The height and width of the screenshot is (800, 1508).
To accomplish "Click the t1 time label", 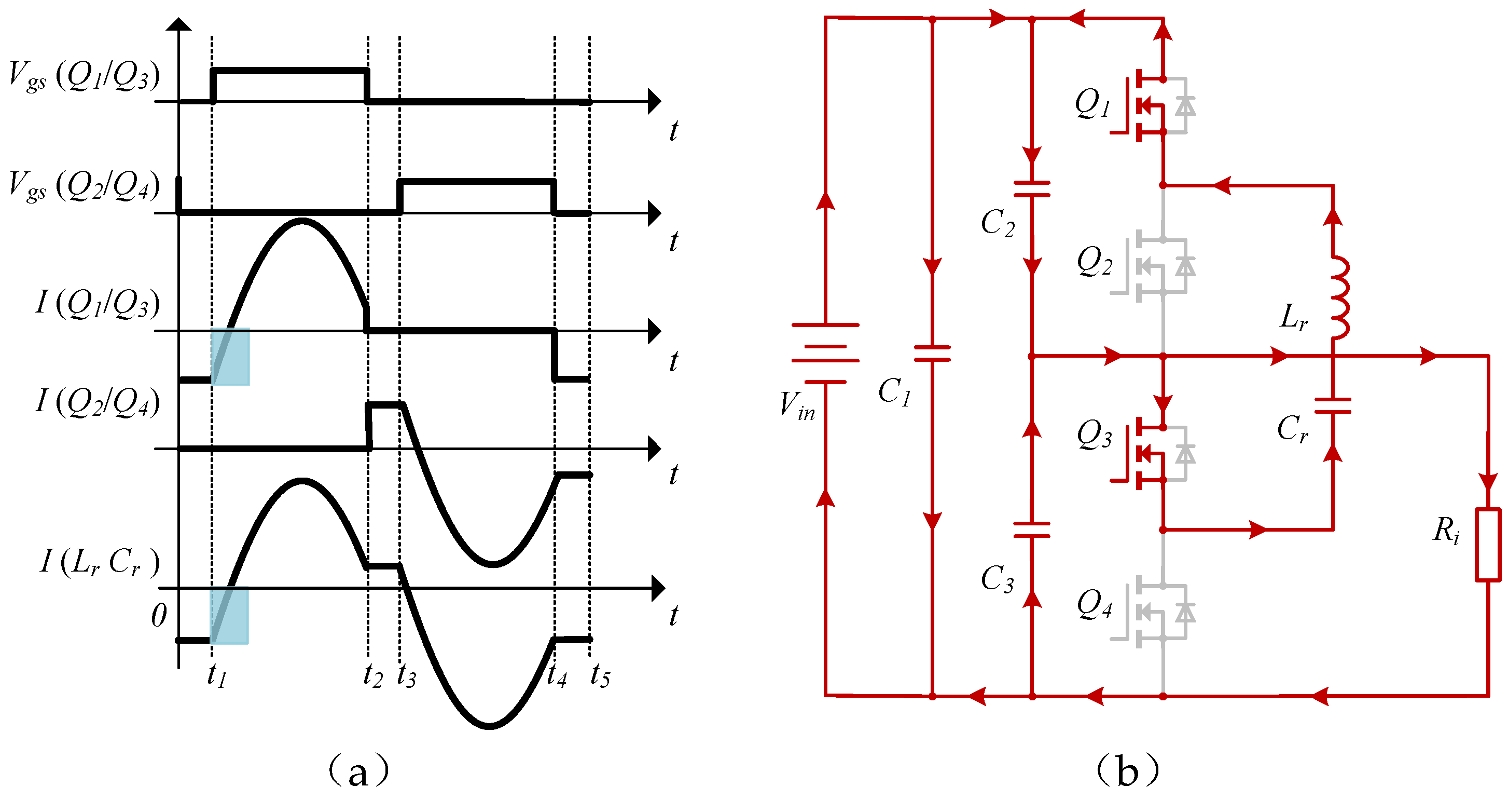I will (217, 675).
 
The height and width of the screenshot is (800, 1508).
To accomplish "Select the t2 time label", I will (372, 675).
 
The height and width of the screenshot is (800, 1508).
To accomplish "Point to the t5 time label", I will (600, 675).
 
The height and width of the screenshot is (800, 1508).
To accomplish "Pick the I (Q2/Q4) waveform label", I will (97, 403).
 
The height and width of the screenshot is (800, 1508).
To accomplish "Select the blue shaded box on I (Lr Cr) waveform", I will (229, 616).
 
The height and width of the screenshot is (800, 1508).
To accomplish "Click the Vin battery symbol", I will (825, 352).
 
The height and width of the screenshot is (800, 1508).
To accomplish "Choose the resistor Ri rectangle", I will (1488, 545).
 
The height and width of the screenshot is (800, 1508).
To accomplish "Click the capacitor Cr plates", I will (1333, 405).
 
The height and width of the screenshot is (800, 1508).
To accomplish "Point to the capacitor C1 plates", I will (932, 352).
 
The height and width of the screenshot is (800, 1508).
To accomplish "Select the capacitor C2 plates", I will (1031, 188).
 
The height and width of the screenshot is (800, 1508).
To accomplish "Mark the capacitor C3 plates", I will (1031, 530).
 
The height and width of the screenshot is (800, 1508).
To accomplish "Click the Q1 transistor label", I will (1092, 104).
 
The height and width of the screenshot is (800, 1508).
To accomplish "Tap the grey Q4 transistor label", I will (1094, 604).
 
